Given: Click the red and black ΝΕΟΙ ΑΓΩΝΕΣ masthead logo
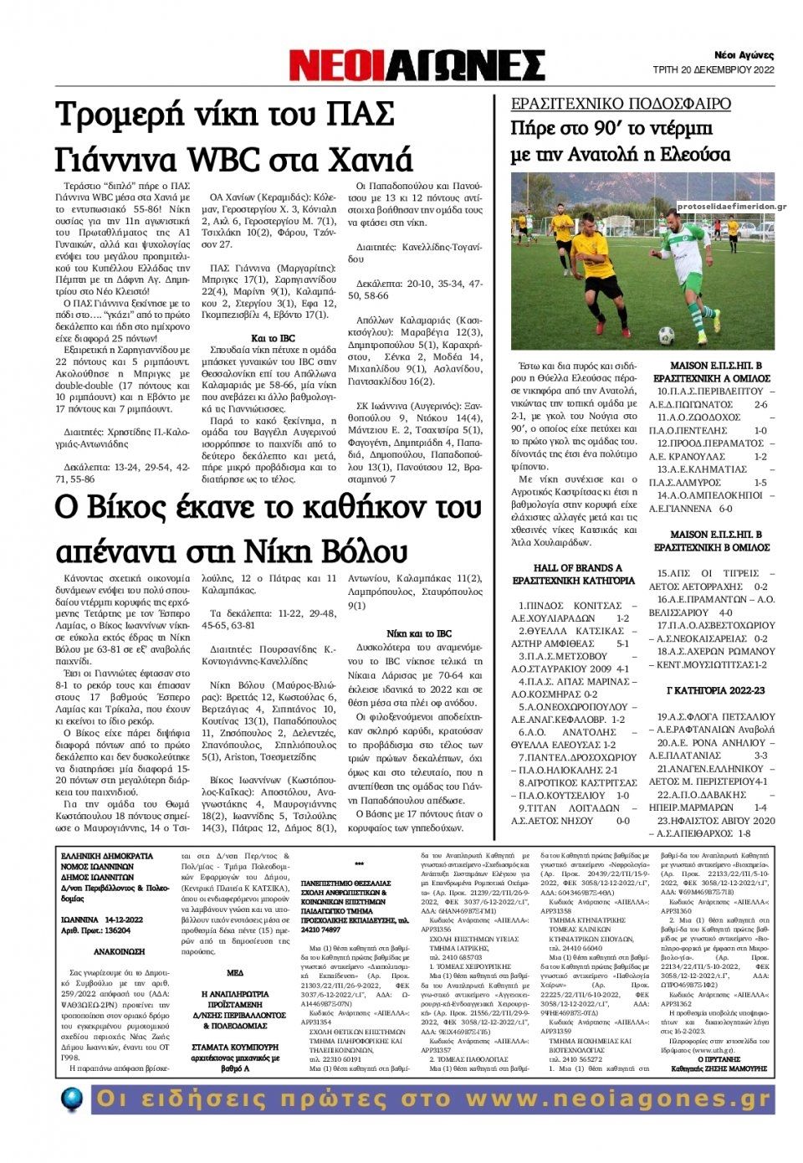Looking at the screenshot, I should coord(417,64).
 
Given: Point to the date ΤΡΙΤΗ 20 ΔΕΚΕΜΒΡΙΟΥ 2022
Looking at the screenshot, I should coord(713,69).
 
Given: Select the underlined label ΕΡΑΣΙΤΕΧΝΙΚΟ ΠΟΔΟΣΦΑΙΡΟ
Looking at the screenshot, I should coord(621,104).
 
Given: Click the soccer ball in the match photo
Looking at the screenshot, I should coord(666,335).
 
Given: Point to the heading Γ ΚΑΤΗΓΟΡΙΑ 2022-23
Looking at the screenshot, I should coord(715,690).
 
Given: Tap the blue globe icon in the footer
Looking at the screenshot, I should coord(72,1098).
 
